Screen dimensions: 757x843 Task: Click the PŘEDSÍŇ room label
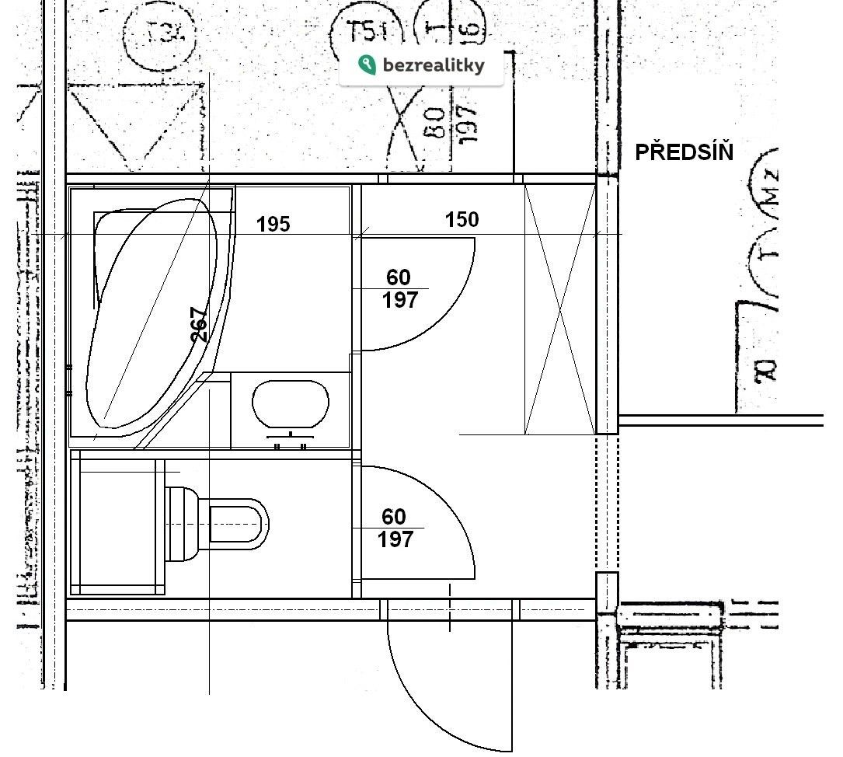pyautogui.click(x=684, y=152)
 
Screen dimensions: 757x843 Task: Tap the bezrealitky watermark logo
pyautogui.click(x=422, y=65)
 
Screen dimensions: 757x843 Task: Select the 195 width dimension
pyautogui.click(x=273, y=225)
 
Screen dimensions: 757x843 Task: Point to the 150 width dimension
pyautogui.click(x=462, y=220)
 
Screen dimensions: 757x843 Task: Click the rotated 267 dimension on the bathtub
pyautogui.click(x=200, y=325)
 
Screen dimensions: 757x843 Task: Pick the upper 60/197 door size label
pyautogui.click(x=399, y=288)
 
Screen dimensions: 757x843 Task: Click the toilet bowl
pyautogui.click(x=237, y=522)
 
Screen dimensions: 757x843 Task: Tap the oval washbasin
pyautogui.click(x=291, y=404)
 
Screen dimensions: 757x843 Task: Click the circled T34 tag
pyautogui.click(x=160, y=33)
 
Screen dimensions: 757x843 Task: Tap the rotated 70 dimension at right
pyautogui.click(x=766, y=370)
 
